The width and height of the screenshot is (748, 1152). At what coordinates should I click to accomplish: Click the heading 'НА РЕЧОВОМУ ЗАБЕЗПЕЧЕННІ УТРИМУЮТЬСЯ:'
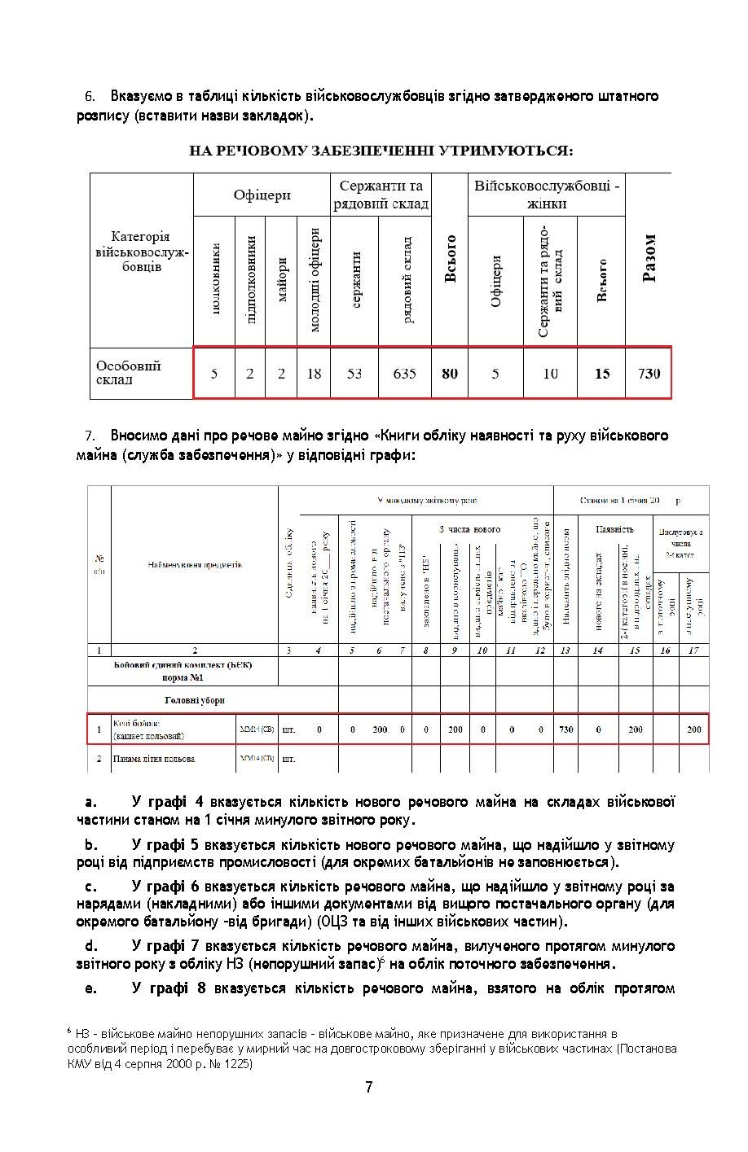coord(381,151)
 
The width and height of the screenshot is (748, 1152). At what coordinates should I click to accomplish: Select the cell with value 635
coord(404,374)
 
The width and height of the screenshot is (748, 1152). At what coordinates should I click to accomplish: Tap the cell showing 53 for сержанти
coord(354,374)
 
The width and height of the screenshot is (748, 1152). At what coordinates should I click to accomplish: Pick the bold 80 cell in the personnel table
coord(449,374)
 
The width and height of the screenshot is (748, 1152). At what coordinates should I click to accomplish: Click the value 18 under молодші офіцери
coord(314,374)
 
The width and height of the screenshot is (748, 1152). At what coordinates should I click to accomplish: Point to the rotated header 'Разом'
coord(649,259)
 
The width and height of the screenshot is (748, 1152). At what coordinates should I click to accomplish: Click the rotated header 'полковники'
coord(215,279)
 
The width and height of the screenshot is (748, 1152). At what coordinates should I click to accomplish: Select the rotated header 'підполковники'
coord(251,279)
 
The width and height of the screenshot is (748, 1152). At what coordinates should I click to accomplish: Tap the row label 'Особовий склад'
coord(129,373)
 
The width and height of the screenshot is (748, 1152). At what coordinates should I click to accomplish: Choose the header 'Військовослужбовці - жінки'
coord(547,195)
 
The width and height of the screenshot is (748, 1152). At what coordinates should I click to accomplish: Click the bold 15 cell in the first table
coord(601,374)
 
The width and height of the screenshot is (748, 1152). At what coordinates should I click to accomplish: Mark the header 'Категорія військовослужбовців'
coord(142,252)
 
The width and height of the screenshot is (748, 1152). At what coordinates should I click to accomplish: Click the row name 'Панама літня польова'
coord(155,759)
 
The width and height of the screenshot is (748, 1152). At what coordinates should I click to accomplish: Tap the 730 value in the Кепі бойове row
coord(566,729)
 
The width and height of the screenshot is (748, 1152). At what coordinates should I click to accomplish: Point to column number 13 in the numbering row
coord(566,650)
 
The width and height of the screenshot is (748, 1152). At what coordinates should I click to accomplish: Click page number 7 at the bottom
coord(369,1088)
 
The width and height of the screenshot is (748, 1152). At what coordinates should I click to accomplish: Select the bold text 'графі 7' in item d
coord(173,946)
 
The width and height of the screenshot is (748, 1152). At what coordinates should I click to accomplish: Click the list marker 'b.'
coord(90,845)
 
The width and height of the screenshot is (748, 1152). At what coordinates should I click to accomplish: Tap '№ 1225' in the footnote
coord(235,1064)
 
